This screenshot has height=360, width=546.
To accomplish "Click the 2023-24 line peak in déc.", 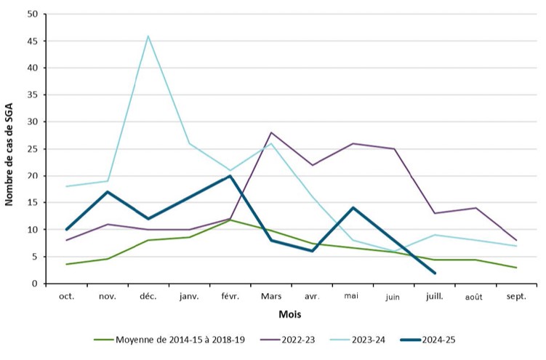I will (148, 36).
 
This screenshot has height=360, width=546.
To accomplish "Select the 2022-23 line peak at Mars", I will (271, 132).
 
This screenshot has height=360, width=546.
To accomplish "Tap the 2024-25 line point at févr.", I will (230, 175).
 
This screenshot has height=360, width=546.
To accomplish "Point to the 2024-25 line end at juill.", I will (434, 273).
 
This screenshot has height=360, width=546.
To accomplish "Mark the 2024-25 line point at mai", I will (353, 208).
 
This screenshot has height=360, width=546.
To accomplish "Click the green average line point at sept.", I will (515, 268).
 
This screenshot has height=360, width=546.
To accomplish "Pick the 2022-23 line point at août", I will (475, 208).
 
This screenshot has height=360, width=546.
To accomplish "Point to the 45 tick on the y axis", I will (32, 41).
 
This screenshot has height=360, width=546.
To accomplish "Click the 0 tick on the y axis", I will (35, 283).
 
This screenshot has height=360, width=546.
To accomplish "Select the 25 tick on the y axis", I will (32, 148).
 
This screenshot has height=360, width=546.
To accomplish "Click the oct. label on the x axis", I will (67, 297).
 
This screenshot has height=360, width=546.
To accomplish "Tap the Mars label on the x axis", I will (271, 297).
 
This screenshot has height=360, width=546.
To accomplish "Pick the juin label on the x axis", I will (393, 297).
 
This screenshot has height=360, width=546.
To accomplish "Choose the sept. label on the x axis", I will (515, 297).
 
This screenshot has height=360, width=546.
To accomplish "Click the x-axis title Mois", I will (291, 314).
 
